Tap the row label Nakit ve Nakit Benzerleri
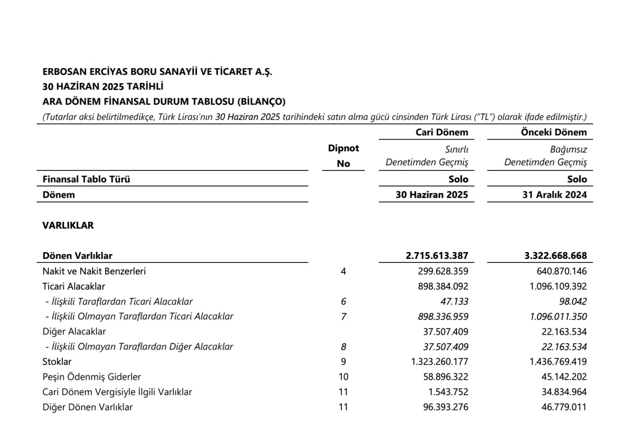(x=94, y=271)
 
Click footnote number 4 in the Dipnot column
(x=344, y=271)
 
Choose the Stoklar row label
(x=57, y=362)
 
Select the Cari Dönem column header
(x=441, y=132)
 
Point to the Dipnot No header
(x=344, y=156)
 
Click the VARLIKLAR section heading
(x=68, y=225)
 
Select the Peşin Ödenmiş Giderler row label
(x=92, y=377)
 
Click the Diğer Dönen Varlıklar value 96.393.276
(x=443, y=407)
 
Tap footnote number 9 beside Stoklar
(x=344, y=362)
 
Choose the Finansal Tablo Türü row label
(x=87, y=179)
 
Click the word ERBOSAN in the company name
(x=64, y=72)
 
